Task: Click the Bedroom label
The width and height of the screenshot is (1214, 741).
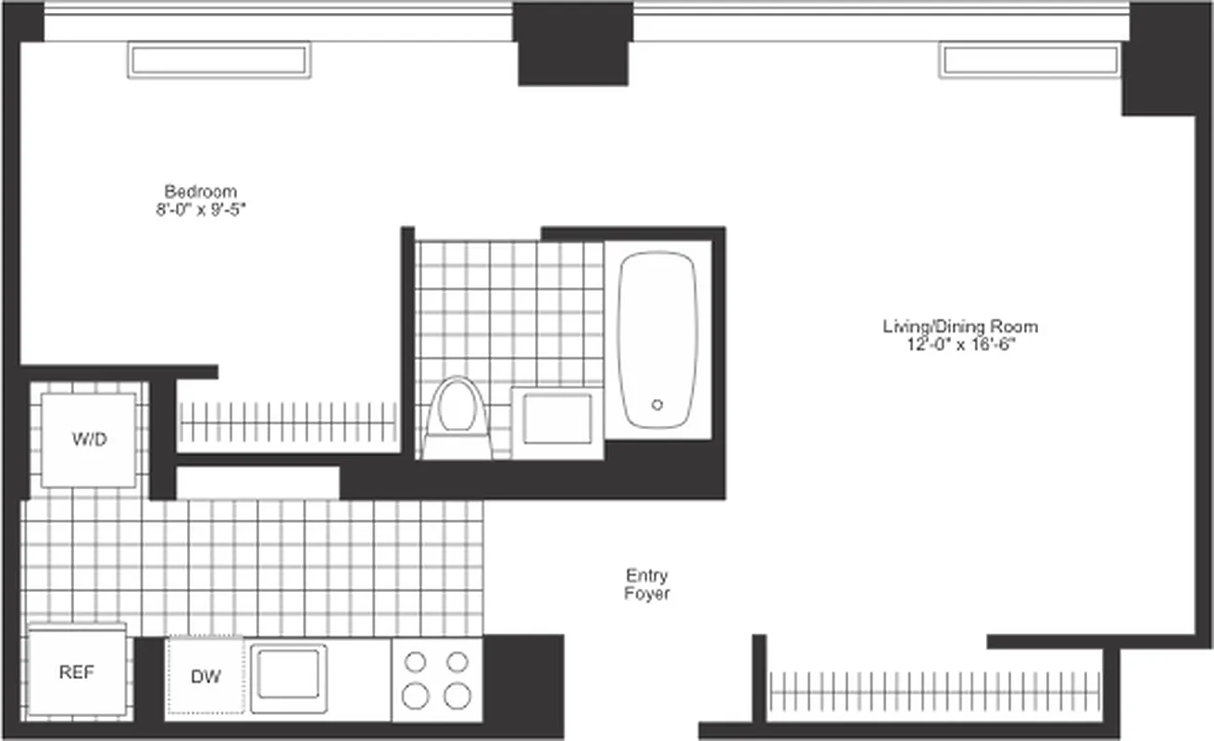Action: [x=200, y=192]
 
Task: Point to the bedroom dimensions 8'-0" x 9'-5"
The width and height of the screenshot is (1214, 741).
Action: [x=200, y=210]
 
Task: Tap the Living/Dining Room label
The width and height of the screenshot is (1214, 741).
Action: [x=959, y=327]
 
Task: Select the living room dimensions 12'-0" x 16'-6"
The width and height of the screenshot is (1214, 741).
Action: [x=959, y=345]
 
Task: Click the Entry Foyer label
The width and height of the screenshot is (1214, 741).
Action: [x=646, y=584]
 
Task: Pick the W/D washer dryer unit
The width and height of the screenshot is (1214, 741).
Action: [x=89, y=440]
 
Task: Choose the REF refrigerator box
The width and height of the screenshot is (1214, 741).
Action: [x=77, y=672]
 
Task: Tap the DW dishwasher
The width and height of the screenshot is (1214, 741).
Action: [x=206, y=677]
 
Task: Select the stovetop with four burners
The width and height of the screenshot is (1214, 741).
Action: [x=436, y=679]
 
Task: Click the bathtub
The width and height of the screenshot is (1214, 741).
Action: [x=657, y=339]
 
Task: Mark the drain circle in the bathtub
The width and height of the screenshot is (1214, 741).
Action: [x=657, y=405]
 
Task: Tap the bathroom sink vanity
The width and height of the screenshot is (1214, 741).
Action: [x=557, y=420]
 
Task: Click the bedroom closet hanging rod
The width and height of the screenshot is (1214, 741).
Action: [x=287, y=422]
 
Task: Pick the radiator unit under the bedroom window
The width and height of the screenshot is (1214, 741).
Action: [x=219, y=60]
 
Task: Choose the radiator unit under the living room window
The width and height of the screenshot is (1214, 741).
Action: [x=1030, y=60]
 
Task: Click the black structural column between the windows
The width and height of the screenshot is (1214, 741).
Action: [x=574, y=44]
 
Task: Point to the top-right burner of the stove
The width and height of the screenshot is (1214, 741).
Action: [x=457, y=661]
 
